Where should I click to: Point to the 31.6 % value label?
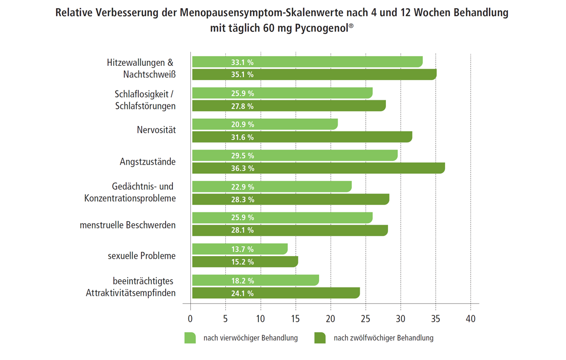tap(242, 137)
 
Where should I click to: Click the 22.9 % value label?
tap(242, 187)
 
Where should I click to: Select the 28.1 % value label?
tap(242, 230)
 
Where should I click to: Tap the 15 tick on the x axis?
tap(295, 319)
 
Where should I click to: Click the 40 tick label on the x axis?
tap(471, 319)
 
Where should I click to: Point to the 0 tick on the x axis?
tap(190, 319)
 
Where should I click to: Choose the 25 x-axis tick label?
tap(365, 319)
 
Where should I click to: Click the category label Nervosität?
tap(156, 130)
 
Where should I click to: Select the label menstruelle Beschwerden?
tap(128, 225)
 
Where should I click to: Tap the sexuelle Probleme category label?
tap(141, 256)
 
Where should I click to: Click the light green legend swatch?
tap(190, 338)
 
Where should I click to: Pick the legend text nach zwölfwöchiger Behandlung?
tap(383, 338)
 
